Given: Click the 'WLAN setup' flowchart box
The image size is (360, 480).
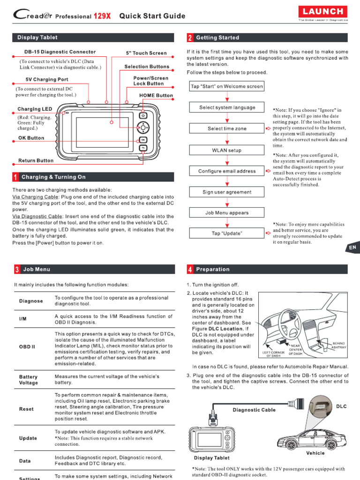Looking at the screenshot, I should coord(227,150).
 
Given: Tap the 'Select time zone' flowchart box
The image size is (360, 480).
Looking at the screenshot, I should coord(227,128).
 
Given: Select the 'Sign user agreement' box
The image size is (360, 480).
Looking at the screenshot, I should coord(227,192).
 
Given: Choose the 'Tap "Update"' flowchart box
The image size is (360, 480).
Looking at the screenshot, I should coord(227,233).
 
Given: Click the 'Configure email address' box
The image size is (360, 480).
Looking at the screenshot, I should coord(227,171).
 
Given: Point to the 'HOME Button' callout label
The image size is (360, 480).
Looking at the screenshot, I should coord(156,95).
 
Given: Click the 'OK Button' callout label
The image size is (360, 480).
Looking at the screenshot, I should coord(31,138).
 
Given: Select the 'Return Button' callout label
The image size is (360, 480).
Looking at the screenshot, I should coord(36,160).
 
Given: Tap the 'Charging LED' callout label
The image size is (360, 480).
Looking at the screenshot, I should coord(35,109).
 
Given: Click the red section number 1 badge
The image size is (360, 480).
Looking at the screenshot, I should coord(16,177).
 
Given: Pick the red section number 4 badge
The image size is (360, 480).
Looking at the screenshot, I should coord(190,270).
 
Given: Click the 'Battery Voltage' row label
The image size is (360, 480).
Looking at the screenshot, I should coord(29,380).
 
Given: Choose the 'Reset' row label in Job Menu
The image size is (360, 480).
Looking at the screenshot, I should coord(26,409).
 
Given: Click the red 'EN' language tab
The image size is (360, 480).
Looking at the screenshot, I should coord(353,247).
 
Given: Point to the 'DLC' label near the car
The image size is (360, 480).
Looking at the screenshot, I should coord(342,406).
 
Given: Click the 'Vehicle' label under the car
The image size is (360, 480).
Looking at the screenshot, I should coord(315,453).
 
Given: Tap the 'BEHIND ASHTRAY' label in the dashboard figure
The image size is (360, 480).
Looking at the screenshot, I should coord(338,345).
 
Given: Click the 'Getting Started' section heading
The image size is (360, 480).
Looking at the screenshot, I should coord(217,37).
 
